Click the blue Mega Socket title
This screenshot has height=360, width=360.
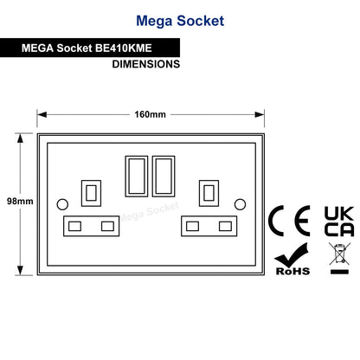(180, 21)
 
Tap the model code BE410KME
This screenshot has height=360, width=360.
(123, 48)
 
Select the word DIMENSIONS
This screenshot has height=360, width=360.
(146, 64)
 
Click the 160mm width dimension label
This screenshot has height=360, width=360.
(150, 114)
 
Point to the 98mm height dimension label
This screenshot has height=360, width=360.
(20, 201)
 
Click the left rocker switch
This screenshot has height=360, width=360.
(137, 177)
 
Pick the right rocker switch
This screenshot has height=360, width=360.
(164, 177)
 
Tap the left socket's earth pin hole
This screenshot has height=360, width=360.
(91, 193)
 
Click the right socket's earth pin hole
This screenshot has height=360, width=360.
(209, 193)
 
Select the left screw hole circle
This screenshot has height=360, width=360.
(62, 204)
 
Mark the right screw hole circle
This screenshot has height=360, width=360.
(240, 204)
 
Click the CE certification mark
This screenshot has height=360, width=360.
(289, 221)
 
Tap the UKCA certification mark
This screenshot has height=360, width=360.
(339, 222)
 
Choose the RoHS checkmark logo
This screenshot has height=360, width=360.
(292, 259)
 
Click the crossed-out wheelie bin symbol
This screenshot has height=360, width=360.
(340, 254)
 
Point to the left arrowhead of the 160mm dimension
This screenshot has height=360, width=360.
(42, 115)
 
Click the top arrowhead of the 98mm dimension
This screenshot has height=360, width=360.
(20, 138)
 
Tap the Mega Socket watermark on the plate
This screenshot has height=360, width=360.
(150, 212)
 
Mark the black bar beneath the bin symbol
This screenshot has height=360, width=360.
(339, 272)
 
